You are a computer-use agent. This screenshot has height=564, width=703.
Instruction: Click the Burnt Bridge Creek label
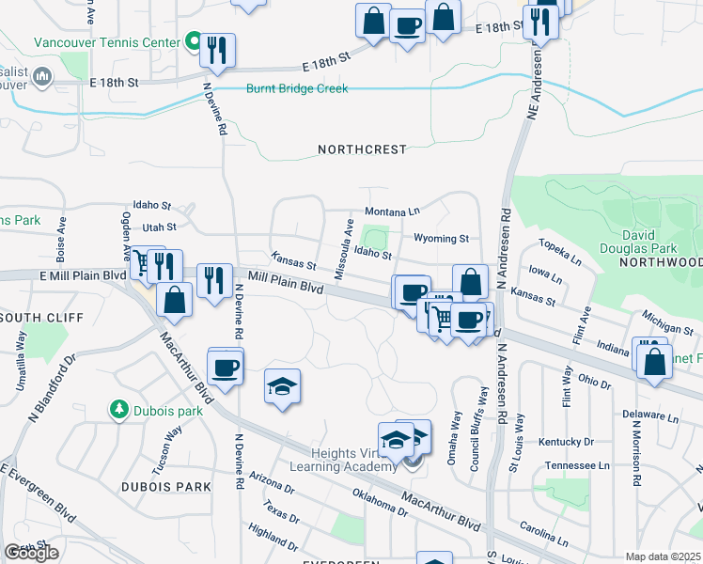click(x=297, y=89)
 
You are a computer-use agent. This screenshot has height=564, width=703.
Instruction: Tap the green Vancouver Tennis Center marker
click(x=195, y=41)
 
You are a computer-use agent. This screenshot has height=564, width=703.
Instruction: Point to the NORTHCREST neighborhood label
click(x=362, y=149)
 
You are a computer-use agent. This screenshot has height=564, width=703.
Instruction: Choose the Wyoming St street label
click(x=441, y=239)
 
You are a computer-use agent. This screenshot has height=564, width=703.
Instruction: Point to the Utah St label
click(x=159, y=227)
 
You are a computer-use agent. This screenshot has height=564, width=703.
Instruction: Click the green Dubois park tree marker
click(x=118, y=409)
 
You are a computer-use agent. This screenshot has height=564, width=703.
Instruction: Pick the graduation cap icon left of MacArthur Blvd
click(x=282, y=386)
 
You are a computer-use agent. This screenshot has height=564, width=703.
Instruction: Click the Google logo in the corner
click(x=31, y=553)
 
